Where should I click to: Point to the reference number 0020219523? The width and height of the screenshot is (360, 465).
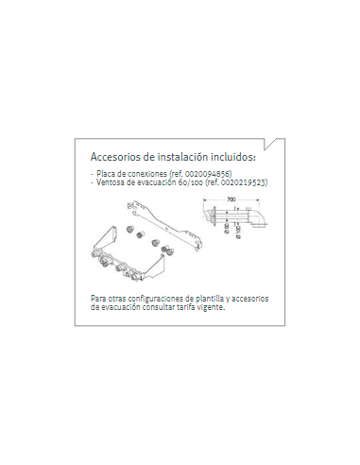coord(244,182)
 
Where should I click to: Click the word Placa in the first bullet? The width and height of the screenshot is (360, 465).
coord(104,174)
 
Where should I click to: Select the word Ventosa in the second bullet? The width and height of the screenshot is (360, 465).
coord(108,182)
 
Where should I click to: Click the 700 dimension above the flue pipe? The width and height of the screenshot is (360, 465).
coord(231,199)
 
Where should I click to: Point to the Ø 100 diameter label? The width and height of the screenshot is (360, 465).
coord(238,232)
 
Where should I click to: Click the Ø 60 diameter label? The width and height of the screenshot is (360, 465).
coord(227,229)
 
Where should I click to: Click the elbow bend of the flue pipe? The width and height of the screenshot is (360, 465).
coord(258,217)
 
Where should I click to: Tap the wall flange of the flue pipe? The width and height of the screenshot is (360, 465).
coord(214,216)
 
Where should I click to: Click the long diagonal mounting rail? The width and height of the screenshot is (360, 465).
coord(164,226)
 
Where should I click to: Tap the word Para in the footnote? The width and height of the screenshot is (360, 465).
coord(97,299)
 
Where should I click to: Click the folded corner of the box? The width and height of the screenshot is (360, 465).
coord(271,144)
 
